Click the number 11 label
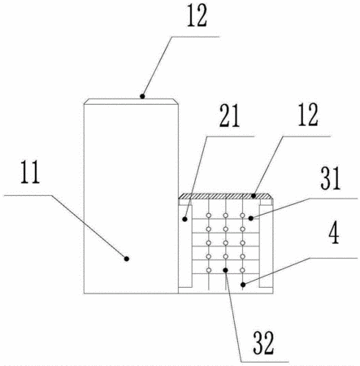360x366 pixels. point(30,172)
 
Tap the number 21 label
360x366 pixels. point(229,115)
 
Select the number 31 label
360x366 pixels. point(331,178)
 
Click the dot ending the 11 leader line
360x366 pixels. point(127,259)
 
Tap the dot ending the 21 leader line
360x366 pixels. point(184,219)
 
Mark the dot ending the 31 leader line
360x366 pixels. point(251,218)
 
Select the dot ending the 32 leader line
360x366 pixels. point(225,270)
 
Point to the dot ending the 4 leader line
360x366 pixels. point(243,285)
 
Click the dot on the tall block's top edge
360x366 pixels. point(142,96)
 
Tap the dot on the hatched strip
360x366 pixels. point(254,195)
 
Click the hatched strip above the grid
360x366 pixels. point(226,196)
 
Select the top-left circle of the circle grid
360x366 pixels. point(209,216)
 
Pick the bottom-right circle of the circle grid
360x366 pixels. point(242,270)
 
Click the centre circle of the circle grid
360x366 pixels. point(226,242)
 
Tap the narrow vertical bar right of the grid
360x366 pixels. point(266,246)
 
